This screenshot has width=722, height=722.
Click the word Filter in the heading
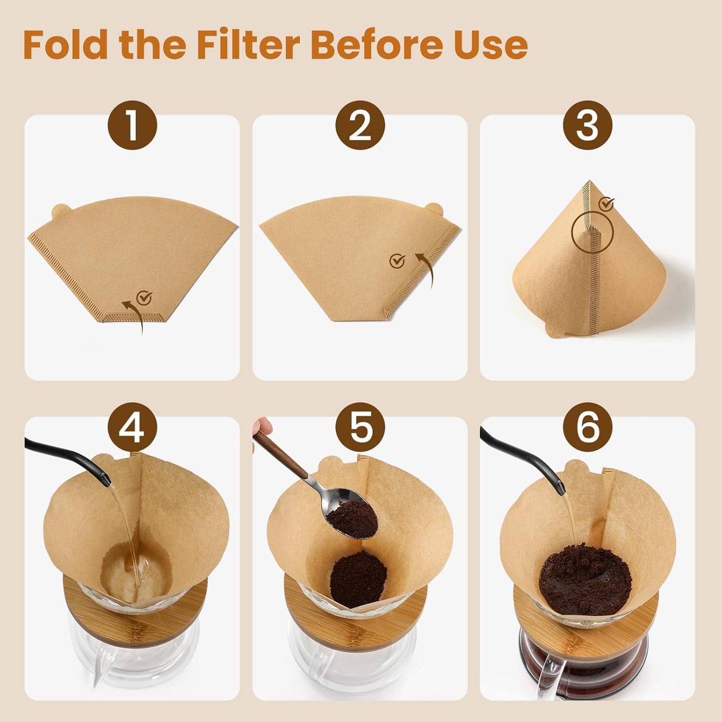pos(248,45)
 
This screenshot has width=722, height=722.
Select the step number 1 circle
pos(132,125)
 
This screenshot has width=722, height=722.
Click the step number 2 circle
pos(360,125)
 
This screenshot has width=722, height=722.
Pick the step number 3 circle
pos(588,125)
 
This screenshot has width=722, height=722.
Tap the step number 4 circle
pos(132,427)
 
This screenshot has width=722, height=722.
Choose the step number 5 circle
pos(360,427)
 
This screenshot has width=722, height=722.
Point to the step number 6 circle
pos(588,427)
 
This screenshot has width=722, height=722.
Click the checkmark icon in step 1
pos(144,298)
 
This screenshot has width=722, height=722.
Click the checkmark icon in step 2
pos(397,260)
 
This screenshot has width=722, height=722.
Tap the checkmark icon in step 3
pos(606,203)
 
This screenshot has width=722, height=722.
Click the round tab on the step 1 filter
pos(61,210)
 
